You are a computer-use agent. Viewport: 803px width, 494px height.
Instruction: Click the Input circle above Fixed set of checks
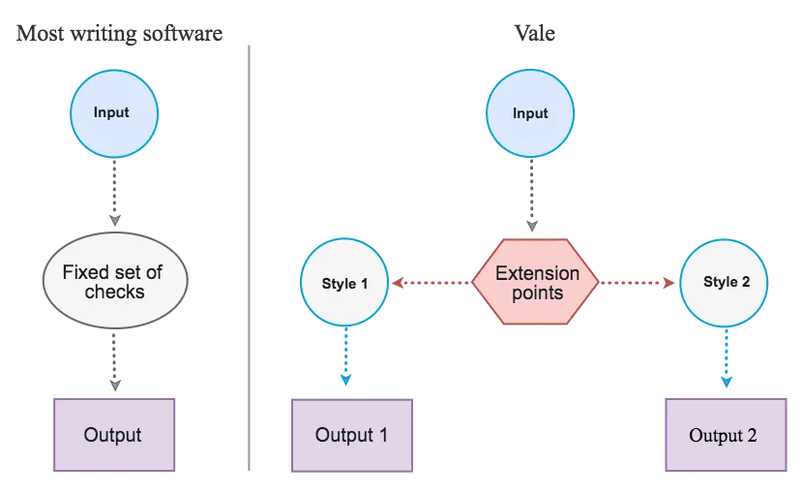coord(114,114)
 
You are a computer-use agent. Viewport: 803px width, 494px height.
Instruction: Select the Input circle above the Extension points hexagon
coord(529,114)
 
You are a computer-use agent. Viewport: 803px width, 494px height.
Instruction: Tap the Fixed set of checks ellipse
coord(114,282)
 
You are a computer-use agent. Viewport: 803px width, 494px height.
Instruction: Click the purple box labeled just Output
coord(114,435)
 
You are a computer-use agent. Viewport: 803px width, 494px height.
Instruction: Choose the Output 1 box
coord(352,435)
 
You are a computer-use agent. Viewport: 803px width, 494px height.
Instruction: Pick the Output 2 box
coord(723,435)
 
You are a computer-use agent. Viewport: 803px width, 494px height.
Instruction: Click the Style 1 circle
coord(344,284)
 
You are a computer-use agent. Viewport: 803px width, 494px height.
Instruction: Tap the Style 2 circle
coord(726,284)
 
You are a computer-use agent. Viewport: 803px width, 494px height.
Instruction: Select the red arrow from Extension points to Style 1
coord(431,284)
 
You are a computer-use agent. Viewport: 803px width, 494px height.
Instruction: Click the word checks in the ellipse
coord(114,293)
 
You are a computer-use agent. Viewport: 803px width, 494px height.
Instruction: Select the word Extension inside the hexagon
coord(537,272)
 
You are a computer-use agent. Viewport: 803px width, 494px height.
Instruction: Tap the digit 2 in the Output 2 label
coord(751,436)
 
